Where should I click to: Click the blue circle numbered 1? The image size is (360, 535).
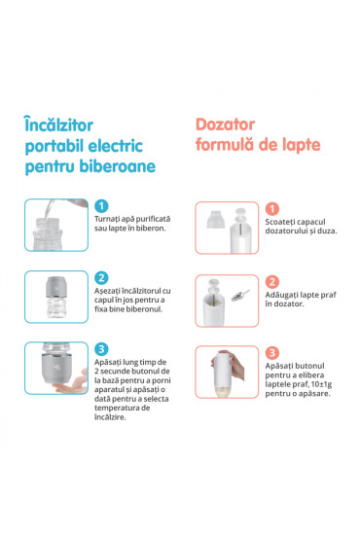(x=102, y=206)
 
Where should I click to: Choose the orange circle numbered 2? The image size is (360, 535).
(x=273, y=280)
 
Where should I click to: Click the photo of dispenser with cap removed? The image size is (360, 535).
(x=224, y=231)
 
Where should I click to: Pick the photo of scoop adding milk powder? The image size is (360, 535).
(x=224, y=303)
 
